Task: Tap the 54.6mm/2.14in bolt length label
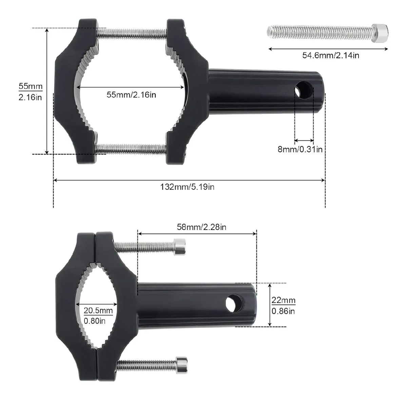click(330, 55)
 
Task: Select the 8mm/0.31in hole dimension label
click(300, 149)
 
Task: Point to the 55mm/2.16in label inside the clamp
click(132, 95)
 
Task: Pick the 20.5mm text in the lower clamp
click(98, 310)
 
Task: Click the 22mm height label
click(283, 301)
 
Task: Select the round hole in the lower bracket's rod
click(235, 303)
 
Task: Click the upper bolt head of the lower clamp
click(179, 247)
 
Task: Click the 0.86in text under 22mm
click(283, 311)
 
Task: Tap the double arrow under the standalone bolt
click(328, 49)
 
